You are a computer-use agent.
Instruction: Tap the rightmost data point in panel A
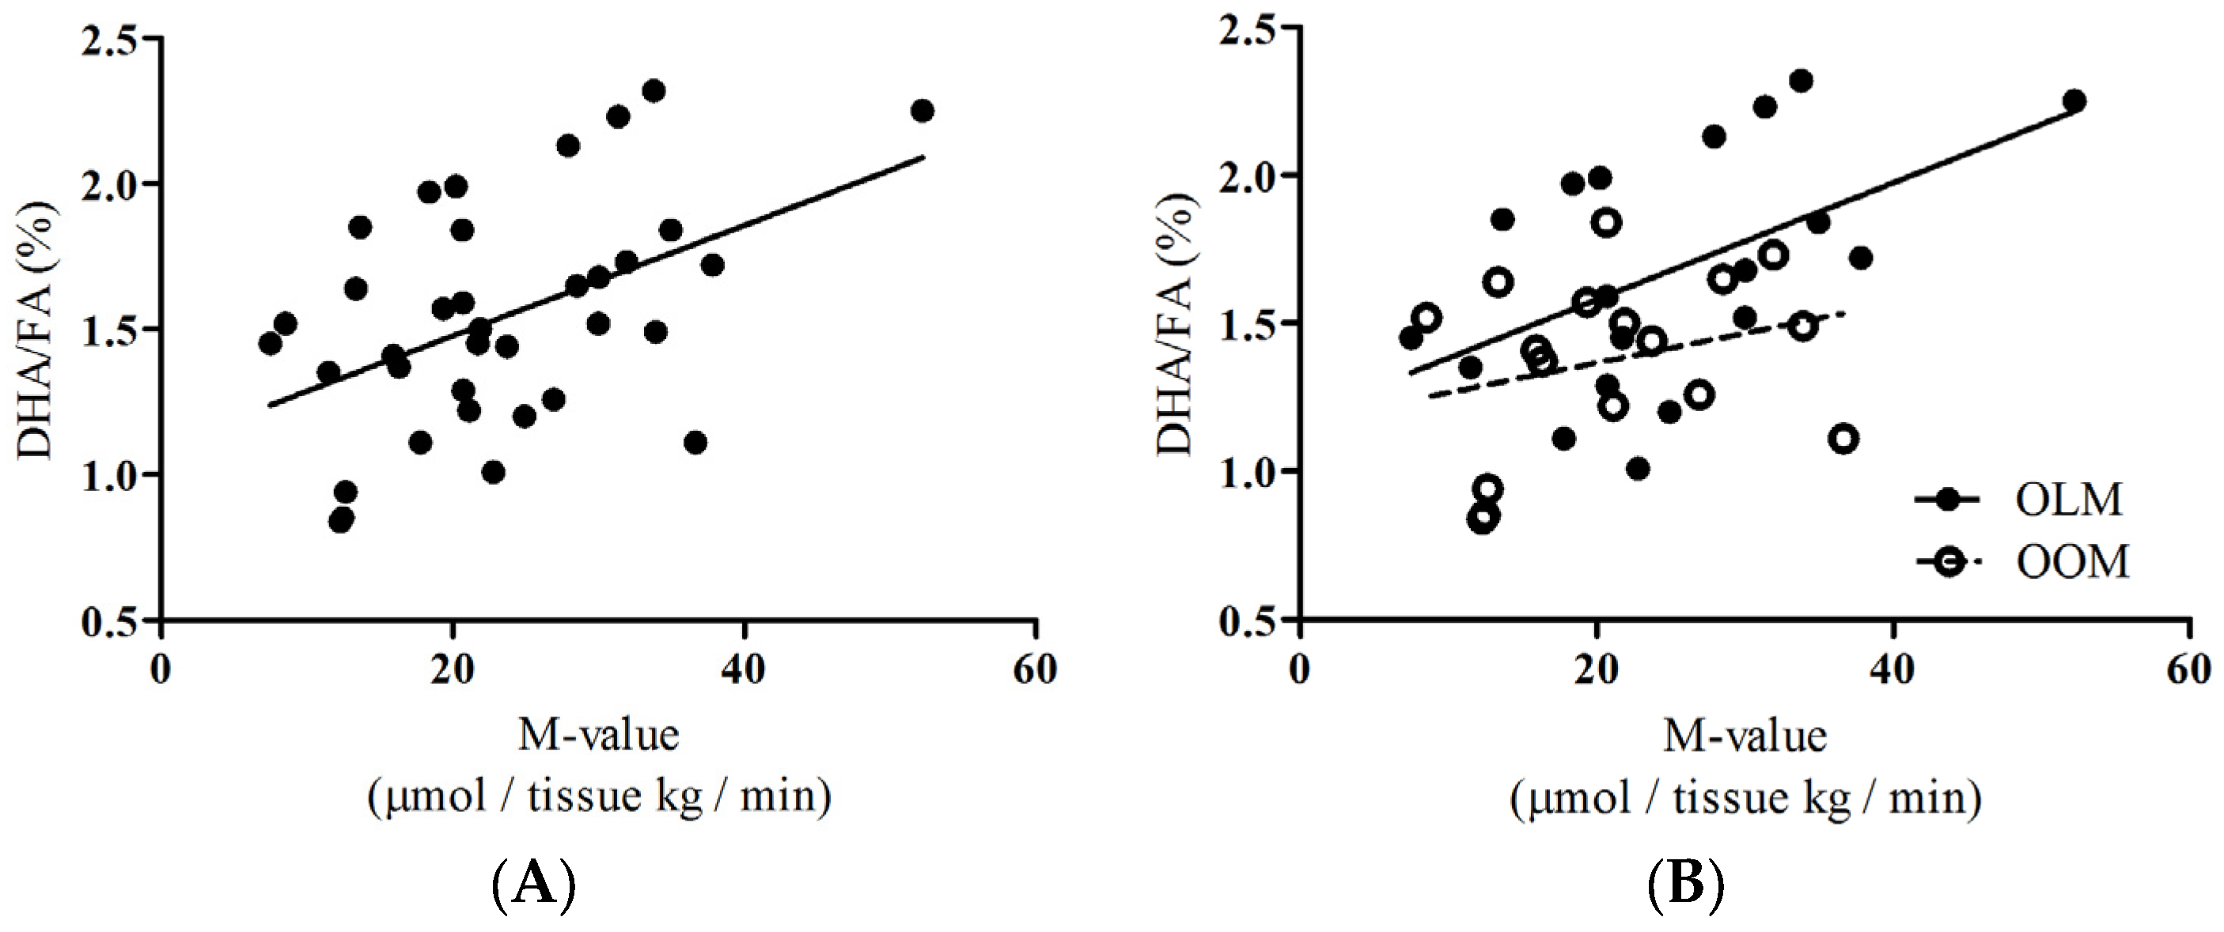[922, 111]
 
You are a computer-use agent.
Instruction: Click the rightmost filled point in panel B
[2074, 101]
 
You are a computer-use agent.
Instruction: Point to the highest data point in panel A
[654, 91]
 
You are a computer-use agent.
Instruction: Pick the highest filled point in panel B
[1800, 81]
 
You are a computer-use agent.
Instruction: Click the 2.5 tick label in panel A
[110, 40]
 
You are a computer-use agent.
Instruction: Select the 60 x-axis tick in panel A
[1035, 670]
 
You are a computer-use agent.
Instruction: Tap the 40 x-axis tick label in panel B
[1892, 670]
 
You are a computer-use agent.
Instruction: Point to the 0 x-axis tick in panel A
[161, 670]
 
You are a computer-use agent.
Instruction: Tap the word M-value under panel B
[1744, 736]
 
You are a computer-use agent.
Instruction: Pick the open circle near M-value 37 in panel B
[1843, 439]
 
